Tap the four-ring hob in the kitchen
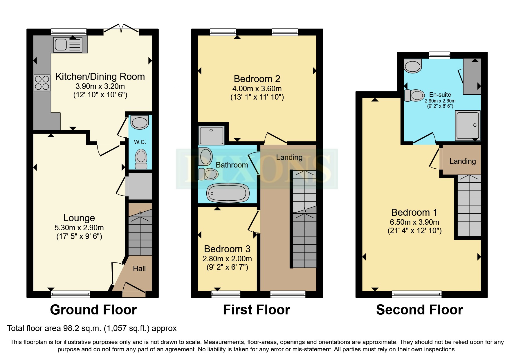(42, 83)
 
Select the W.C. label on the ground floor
(140, 142)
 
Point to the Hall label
(139, 269)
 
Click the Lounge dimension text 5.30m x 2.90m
(79, 228)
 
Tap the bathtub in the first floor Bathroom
(228, 193)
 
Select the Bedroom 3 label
(227, 249)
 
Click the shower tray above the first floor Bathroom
(211, 135)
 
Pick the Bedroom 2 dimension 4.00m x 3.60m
(257, 89)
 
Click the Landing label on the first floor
(289, 157)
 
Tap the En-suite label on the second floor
(440, 95)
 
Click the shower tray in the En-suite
(468, 125)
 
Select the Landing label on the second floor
(462, 161)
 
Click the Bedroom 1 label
(414, 212)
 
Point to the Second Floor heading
(419, 310)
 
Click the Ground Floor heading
(93, 310)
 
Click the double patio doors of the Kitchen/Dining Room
(121, 29)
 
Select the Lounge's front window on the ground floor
(70, 294)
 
